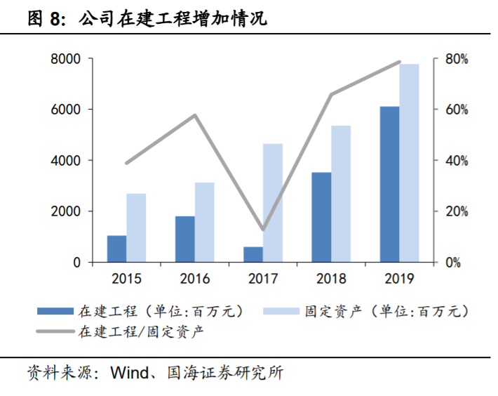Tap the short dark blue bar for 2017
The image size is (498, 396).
pos(253,255)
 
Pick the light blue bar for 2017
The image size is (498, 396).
pos(273,204)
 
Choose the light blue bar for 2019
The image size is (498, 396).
pos(410,164)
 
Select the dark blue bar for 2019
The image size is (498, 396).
pos(389,185)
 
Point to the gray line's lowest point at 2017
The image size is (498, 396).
pos(263,230)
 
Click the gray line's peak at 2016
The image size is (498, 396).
pos(196,115)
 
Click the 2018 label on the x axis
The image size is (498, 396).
pos(331,279)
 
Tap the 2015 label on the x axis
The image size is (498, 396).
pos(126,279)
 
